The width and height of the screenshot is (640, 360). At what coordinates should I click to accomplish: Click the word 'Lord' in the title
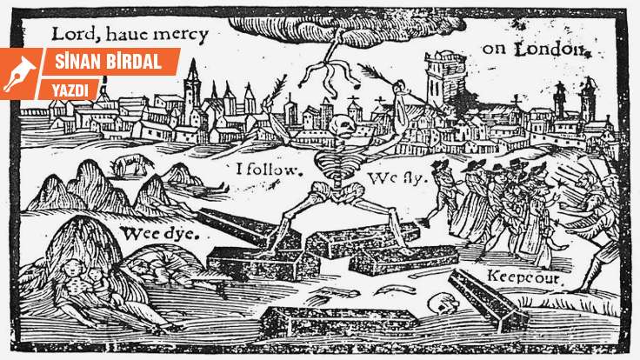coord(70,36)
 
